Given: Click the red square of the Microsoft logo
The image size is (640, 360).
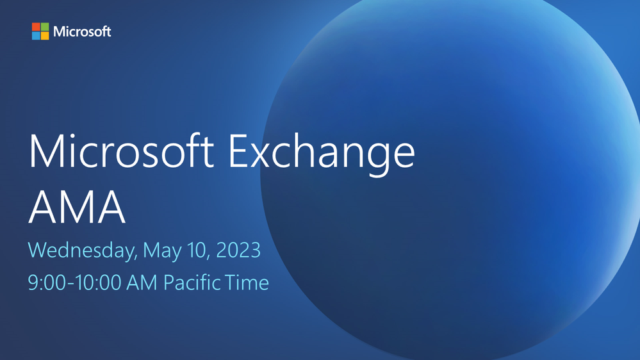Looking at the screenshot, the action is coord(36,26).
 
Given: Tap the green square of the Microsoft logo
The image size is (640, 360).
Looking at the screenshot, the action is coord(45,26).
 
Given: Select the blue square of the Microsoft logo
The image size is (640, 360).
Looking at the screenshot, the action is coord(36,35).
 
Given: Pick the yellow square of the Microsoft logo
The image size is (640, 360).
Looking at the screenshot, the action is coord(45,35).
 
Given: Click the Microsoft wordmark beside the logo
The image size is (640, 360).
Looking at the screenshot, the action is coord(82,31).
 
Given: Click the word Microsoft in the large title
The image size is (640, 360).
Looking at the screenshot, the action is coord(121,151).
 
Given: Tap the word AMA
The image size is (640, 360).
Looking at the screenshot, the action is coord(77,207).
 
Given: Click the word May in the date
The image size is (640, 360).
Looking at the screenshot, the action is coord(162,252).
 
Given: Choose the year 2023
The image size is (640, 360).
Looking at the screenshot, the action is coord(238,250).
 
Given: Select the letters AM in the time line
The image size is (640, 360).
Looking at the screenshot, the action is coord(142,282).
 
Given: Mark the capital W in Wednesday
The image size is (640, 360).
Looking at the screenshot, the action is coord(38,250).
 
